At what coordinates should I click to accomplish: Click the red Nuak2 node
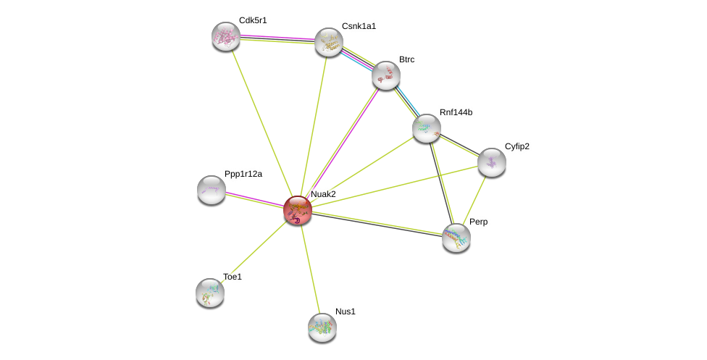(x=298, y=210)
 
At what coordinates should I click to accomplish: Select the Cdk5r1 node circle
(x=226, y=36)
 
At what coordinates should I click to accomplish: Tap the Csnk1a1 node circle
(x=328, y=42)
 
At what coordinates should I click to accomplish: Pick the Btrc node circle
(x=386, y=75)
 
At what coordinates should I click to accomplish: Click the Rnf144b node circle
(x=427, y=128)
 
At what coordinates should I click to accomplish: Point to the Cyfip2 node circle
(x=492, y=162)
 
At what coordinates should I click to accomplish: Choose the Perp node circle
(x=456, y=237)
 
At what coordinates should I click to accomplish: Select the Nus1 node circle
(x=322, y=327)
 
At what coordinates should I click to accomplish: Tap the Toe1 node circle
(x=210, y=293)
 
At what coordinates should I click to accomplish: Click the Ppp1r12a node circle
(x=212, y=190)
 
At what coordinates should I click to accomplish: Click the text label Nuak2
(x=323, y=194)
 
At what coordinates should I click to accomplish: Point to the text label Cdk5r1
(x=253, y=20)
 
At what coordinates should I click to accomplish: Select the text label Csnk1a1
(x=359, y=26)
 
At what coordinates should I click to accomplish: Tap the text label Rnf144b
(x=456, y=112)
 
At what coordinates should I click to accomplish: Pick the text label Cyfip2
(x=516, y=146)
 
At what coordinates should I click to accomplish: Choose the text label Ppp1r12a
(x=243, y=174)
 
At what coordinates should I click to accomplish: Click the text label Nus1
(x=346, y=311)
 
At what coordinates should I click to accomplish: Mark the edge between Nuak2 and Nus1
(x=310, y=269)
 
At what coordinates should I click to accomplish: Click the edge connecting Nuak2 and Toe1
(x=254, y=251)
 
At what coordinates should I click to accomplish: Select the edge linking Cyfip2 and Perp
(x=474, y=199)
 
